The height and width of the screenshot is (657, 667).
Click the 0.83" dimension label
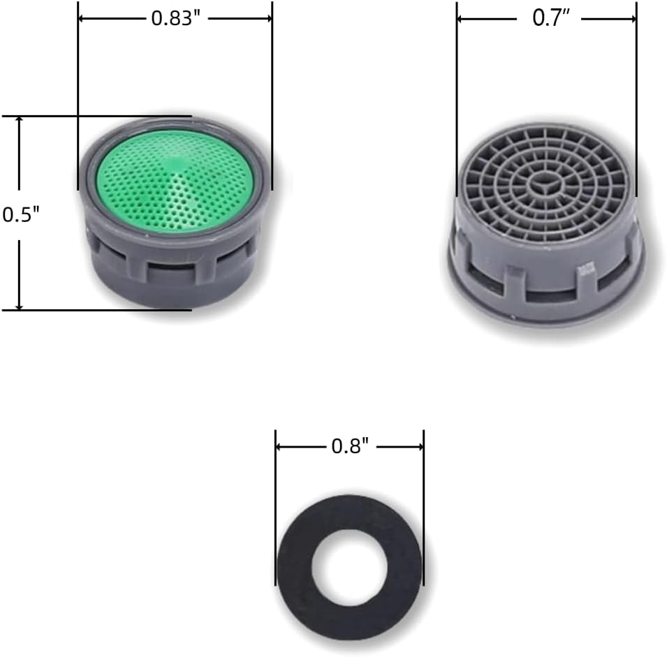(176, 19)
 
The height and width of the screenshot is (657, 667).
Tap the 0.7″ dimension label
(550, 18)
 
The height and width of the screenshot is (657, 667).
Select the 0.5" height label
(20, 214)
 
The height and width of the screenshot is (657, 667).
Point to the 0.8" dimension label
(350, 446)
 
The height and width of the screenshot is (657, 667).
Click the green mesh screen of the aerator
(175, 181)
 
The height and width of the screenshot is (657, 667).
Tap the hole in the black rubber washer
(349, 568)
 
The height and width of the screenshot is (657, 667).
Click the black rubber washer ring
(294, 568)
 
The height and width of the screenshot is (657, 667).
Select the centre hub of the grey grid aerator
(545, 182)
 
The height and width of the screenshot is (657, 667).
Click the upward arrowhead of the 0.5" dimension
(19, 120)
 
